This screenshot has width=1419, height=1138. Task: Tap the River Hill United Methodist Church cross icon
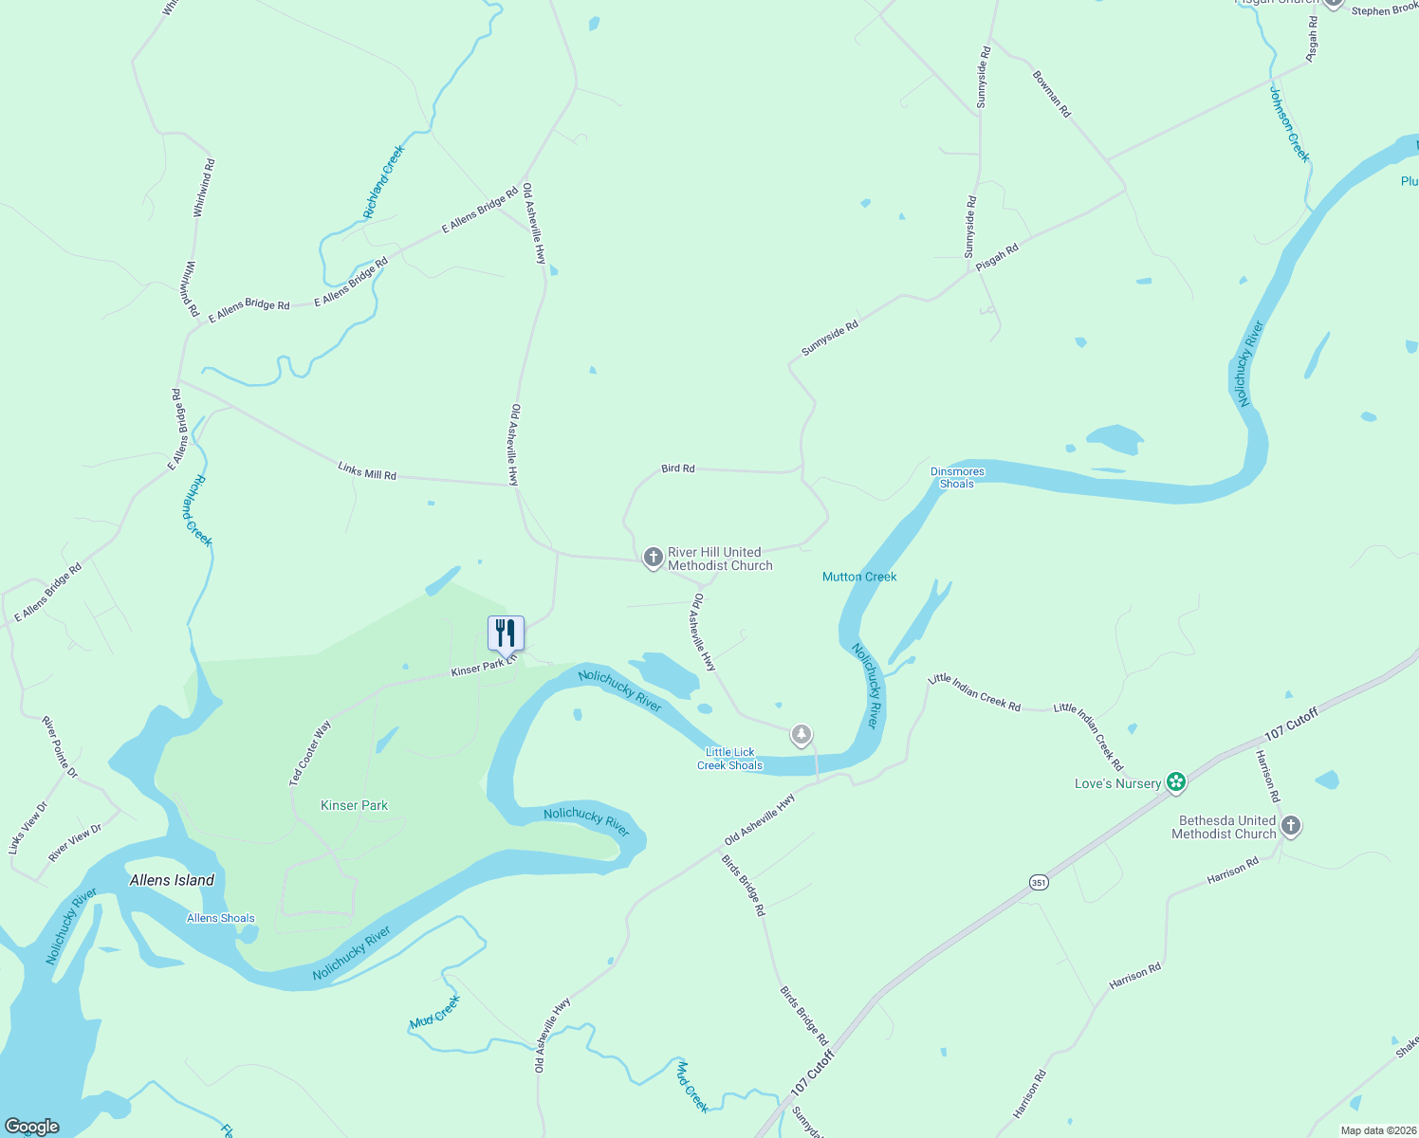653,558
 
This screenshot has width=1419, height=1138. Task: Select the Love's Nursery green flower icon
1176,782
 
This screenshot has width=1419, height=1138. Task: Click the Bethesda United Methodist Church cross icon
1290,826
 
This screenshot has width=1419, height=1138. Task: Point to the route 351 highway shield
1039,883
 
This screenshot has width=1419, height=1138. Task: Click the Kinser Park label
354,805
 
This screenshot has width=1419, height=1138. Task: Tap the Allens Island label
172,880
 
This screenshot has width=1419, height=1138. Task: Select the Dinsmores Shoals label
957,477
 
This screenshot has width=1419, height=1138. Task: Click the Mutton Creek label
859,577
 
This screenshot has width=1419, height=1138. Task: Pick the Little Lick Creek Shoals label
729,759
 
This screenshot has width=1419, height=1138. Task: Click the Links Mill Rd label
367,469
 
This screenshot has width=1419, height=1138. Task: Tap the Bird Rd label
677,468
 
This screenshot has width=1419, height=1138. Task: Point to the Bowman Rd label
1051,93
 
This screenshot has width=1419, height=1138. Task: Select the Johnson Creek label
1289,124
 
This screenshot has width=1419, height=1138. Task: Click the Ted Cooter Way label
310,753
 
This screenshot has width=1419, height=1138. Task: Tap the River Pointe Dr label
59,747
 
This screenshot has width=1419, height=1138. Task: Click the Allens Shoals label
220,918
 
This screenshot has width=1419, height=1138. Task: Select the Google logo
32,1127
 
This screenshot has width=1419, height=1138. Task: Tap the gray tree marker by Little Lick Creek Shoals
802,734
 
